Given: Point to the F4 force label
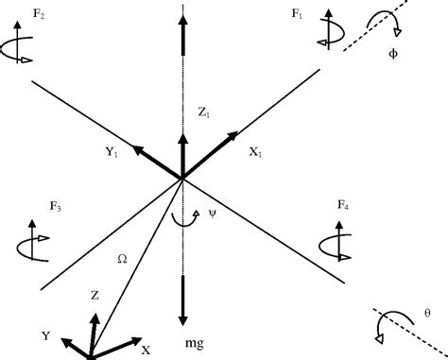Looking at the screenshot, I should tap(341, 205).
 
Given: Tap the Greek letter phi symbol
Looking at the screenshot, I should tap(394, 53).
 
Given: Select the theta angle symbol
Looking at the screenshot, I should tap(427, 313).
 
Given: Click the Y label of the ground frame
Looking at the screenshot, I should tap(45, 335).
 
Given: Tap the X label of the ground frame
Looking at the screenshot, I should tap(146, 350).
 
